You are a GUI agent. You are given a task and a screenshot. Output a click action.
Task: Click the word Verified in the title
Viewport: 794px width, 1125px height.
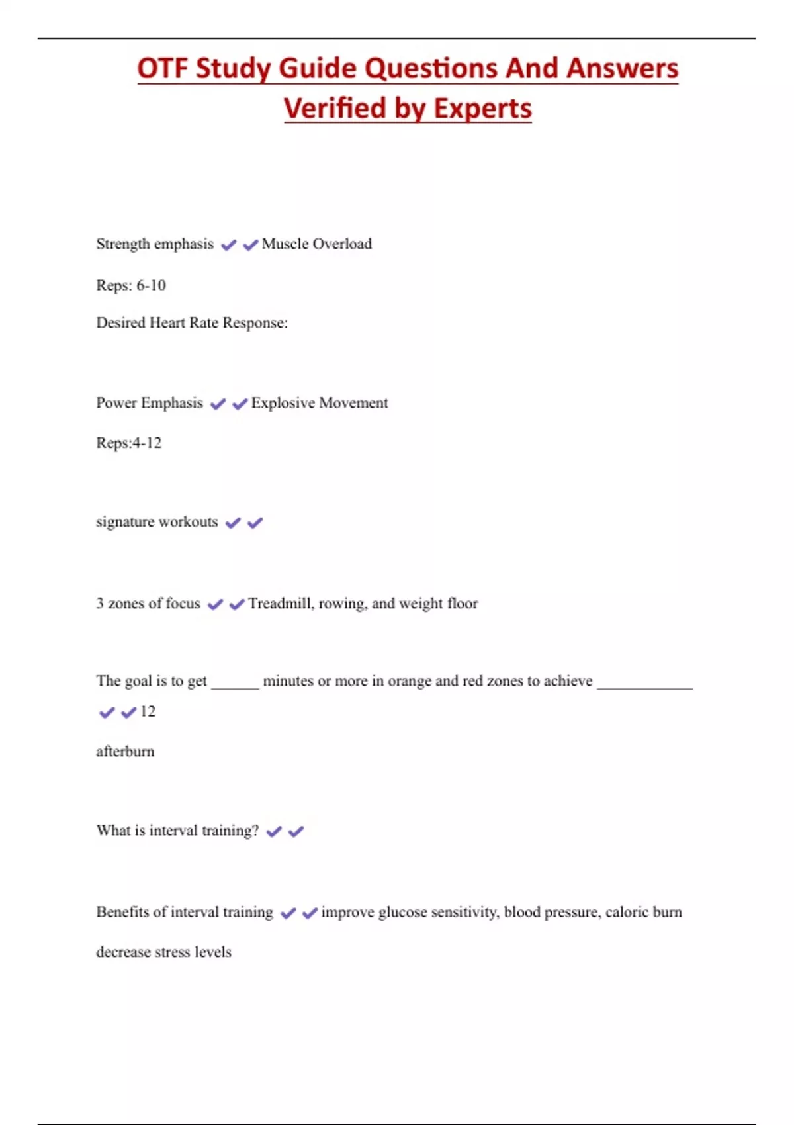coord(335,109)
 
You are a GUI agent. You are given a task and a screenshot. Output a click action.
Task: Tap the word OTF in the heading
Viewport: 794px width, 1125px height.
coord(161,69)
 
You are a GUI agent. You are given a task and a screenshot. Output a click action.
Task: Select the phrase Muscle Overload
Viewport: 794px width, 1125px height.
coord(316,244)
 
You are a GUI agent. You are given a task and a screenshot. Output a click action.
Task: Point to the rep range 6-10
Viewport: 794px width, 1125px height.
coord(151,285)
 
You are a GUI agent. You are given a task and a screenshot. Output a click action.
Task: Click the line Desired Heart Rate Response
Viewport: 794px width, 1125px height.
coord(192,323)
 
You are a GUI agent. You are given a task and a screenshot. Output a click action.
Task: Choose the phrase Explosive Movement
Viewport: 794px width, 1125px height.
coord(319,403)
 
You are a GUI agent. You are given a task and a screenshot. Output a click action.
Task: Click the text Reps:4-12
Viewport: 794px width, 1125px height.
coord(129,443)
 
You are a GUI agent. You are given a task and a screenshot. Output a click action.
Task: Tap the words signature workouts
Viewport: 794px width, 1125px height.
coord(157,522)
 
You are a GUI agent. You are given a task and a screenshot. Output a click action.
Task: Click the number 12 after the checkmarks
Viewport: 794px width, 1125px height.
coord(148,711)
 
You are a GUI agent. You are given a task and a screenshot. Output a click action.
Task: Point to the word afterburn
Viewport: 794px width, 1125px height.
coord(125,752)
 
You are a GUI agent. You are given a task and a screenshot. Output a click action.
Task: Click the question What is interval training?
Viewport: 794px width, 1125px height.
coord(177,831)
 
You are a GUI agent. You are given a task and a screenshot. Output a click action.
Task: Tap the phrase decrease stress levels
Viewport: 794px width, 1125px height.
coord(163,952)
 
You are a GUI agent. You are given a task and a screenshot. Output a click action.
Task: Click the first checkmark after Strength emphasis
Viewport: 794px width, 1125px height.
coord(228,245)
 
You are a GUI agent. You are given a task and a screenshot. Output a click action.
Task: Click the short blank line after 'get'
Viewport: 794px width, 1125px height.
coord(235,686)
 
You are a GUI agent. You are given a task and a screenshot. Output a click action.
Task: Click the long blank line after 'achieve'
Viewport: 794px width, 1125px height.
coord(644,686)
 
